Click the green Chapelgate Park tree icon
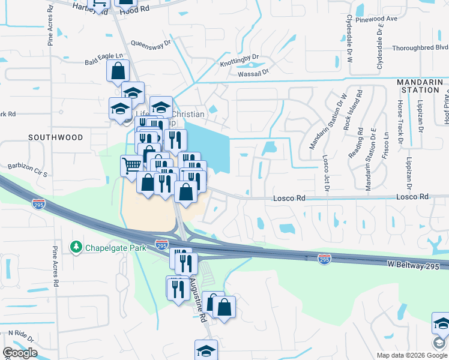(x=76, y=247)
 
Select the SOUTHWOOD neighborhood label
(x=56, y=137)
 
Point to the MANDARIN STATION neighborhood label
(x=418, y=86)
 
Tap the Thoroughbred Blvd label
(x=420, y=47)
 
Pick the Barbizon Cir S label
(x=26, y=169)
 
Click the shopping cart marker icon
(x=131, y=164)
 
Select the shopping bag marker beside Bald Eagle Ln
(x=118, y=70)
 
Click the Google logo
(x=20, y=353)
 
